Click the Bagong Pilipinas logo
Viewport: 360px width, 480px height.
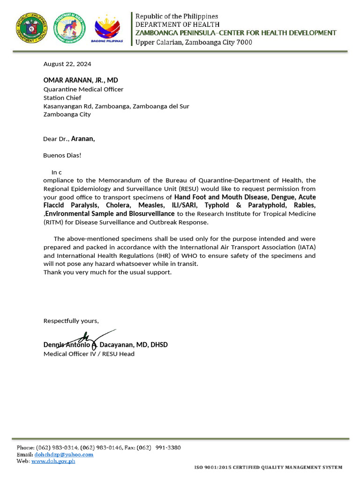click(x=108, y=29)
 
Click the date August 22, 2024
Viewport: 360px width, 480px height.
click(x=67, y=64)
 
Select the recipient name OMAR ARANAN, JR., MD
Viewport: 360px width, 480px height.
click(x=81, y=81)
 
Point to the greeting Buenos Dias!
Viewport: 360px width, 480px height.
click(x=62, y=155)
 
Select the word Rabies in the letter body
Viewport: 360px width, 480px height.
click(x=305, y=205)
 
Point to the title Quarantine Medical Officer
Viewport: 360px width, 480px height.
click(x=83, y=89)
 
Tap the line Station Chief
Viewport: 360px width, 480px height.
click(x=62, y=97)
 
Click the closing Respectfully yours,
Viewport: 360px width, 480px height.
click(x=71, y=321)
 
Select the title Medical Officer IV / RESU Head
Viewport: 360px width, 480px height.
click(x=89, y=353)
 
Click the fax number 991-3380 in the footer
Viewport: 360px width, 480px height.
click(x=168, y=448)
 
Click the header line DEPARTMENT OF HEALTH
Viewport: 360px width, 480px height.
click(x=177, y=24)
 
